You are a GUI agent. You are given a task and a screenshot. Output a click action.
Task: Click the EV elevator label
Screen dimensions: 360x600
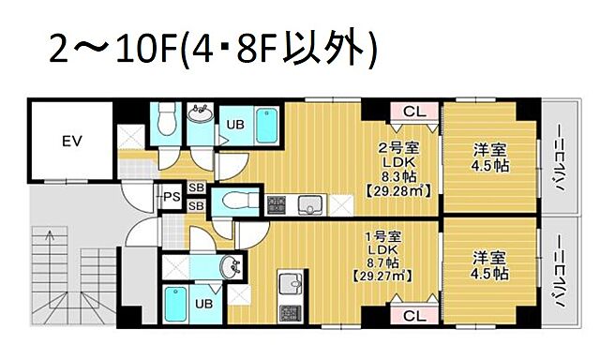click(71, 142)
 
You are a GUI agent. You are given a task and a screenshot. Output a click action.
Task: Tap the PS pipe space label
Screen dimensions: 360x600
click(172, 197)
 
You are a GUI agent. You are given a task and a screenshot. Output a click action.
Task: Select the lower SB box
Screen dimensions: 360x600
click(197, 205)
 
